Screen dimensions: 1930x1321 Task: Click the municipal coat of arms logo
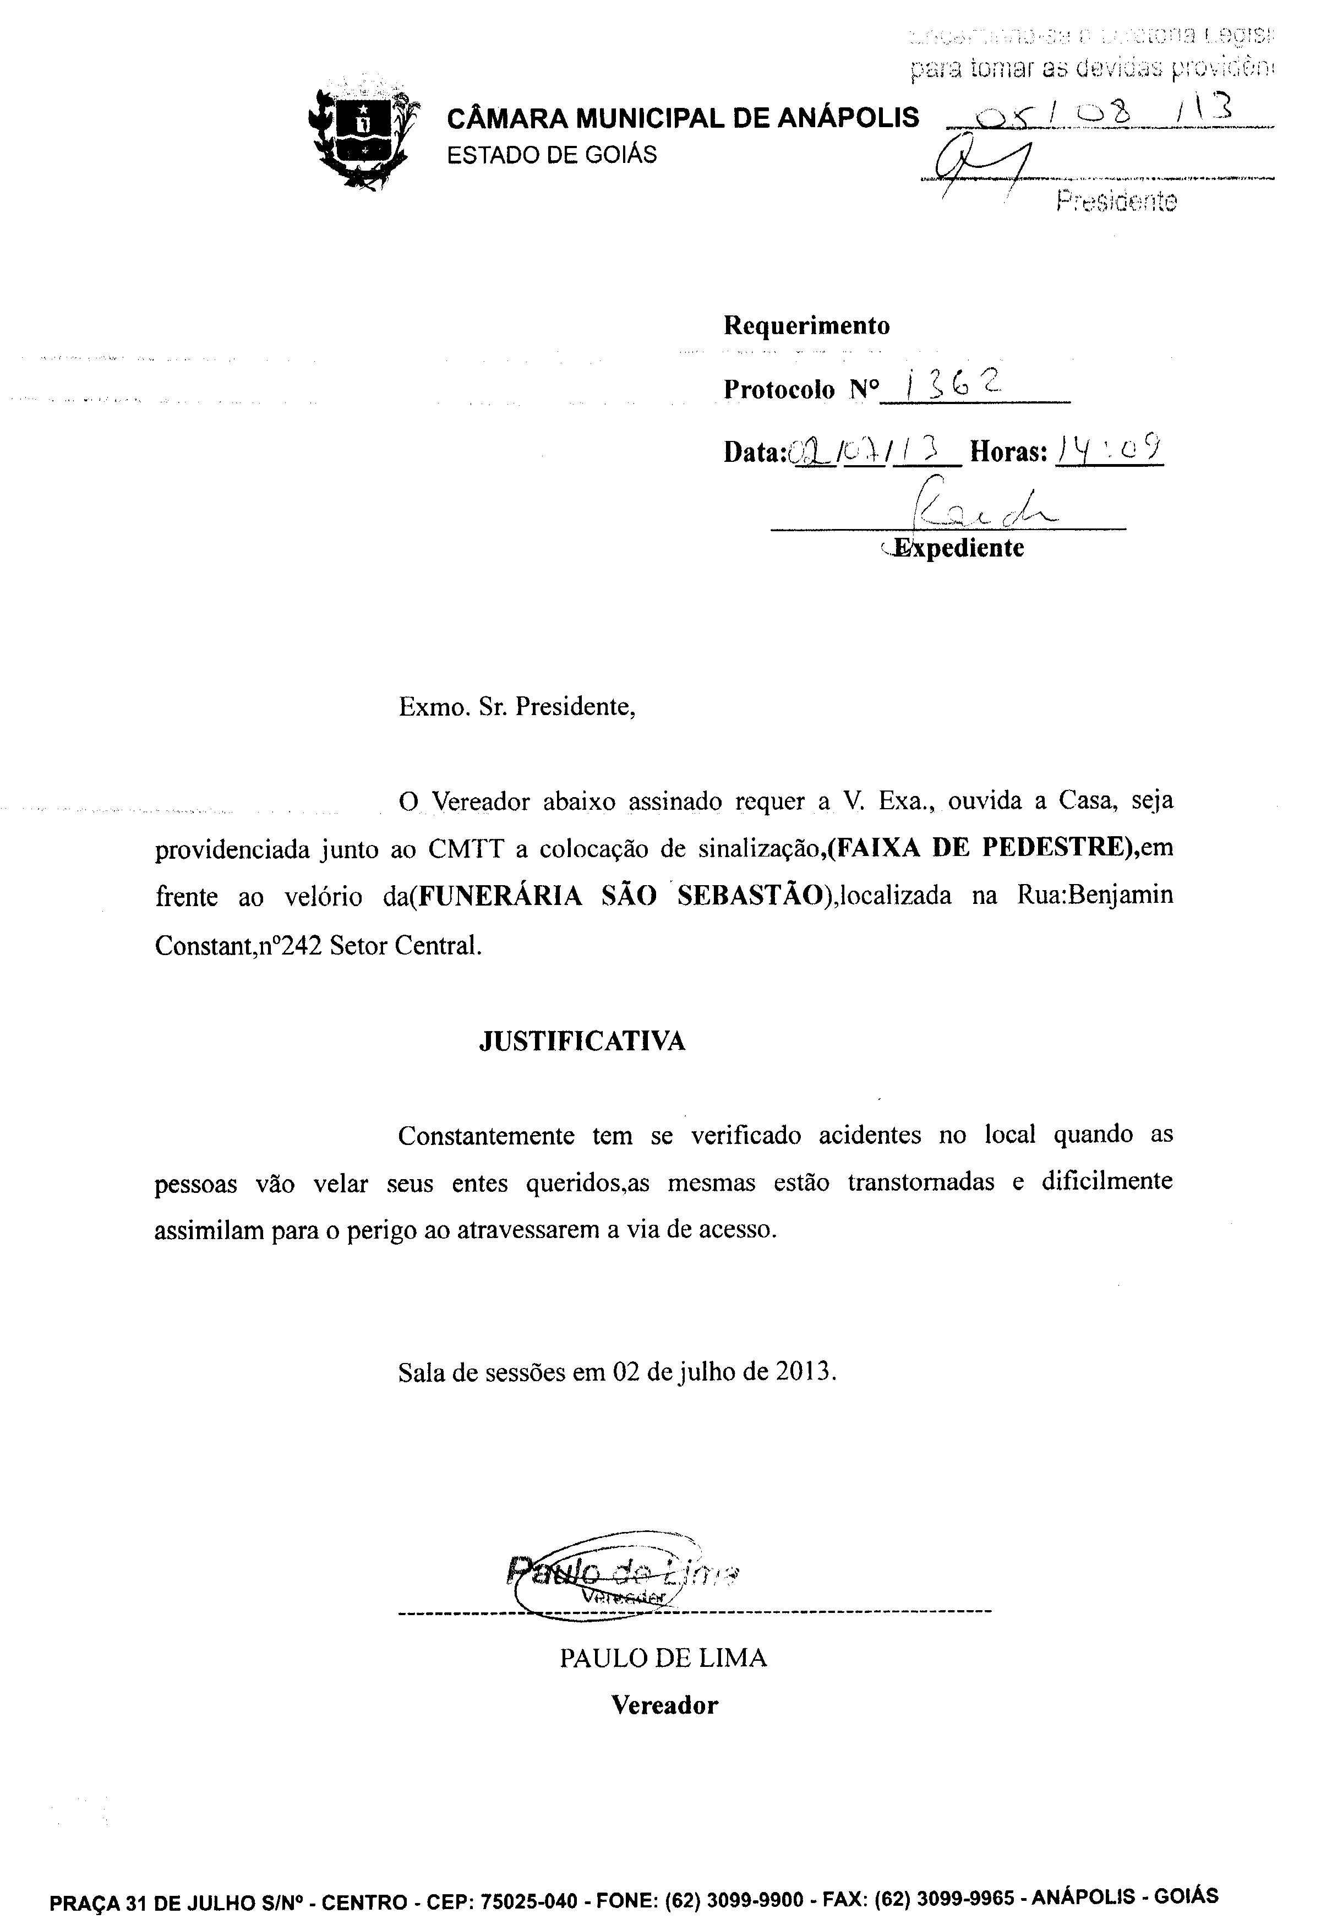pos(363,133)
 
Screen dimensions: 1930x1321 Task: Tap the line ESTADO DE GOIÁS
pos(552,155)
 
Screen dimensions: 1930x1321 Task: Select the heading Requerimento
pos(806,325)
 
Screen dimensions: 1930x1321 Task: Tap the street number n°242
pos(286,945)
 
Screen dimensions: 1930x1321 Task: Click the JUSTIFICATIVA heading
pos(582,1042)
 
